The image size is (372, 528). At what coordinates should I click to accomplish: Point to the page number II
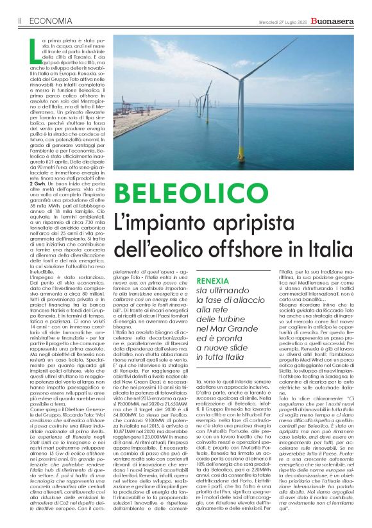(21, 20)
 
